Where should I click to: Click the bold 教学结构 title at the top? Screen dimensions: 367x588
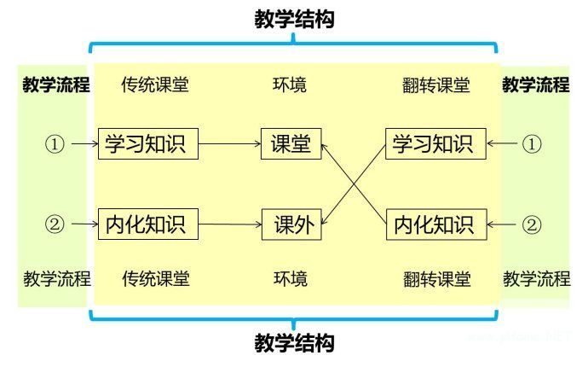[294, 19]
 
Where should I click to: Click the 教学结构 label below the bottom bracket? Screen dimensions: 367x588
[294, 343]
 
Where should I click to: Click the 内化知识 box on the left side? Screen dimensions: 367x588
[148, 225]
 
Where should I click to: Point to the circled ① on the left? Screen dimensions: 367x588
[54, 144]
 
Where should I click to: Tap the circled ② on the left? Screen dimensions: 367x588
[54, 225]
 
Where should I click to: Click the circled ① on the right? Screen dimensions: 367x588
[532, 143]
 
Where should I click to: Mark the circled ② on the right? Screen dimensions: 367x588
[532, 225]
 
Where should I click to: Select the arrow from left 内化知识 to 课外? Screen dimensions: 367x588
[230, 225]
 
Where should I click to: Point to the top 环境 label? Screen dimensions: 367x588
[290, 85]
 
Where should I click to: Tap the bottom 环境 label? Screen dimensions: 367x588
[291, 279]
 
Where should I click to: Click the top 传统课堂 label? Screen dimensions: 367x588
[155, 85]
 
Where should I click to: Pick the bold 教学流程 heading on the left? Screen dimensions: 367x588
[56, 85]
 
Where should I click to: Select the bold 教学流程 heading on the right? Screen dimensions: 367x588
[536, 85]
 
